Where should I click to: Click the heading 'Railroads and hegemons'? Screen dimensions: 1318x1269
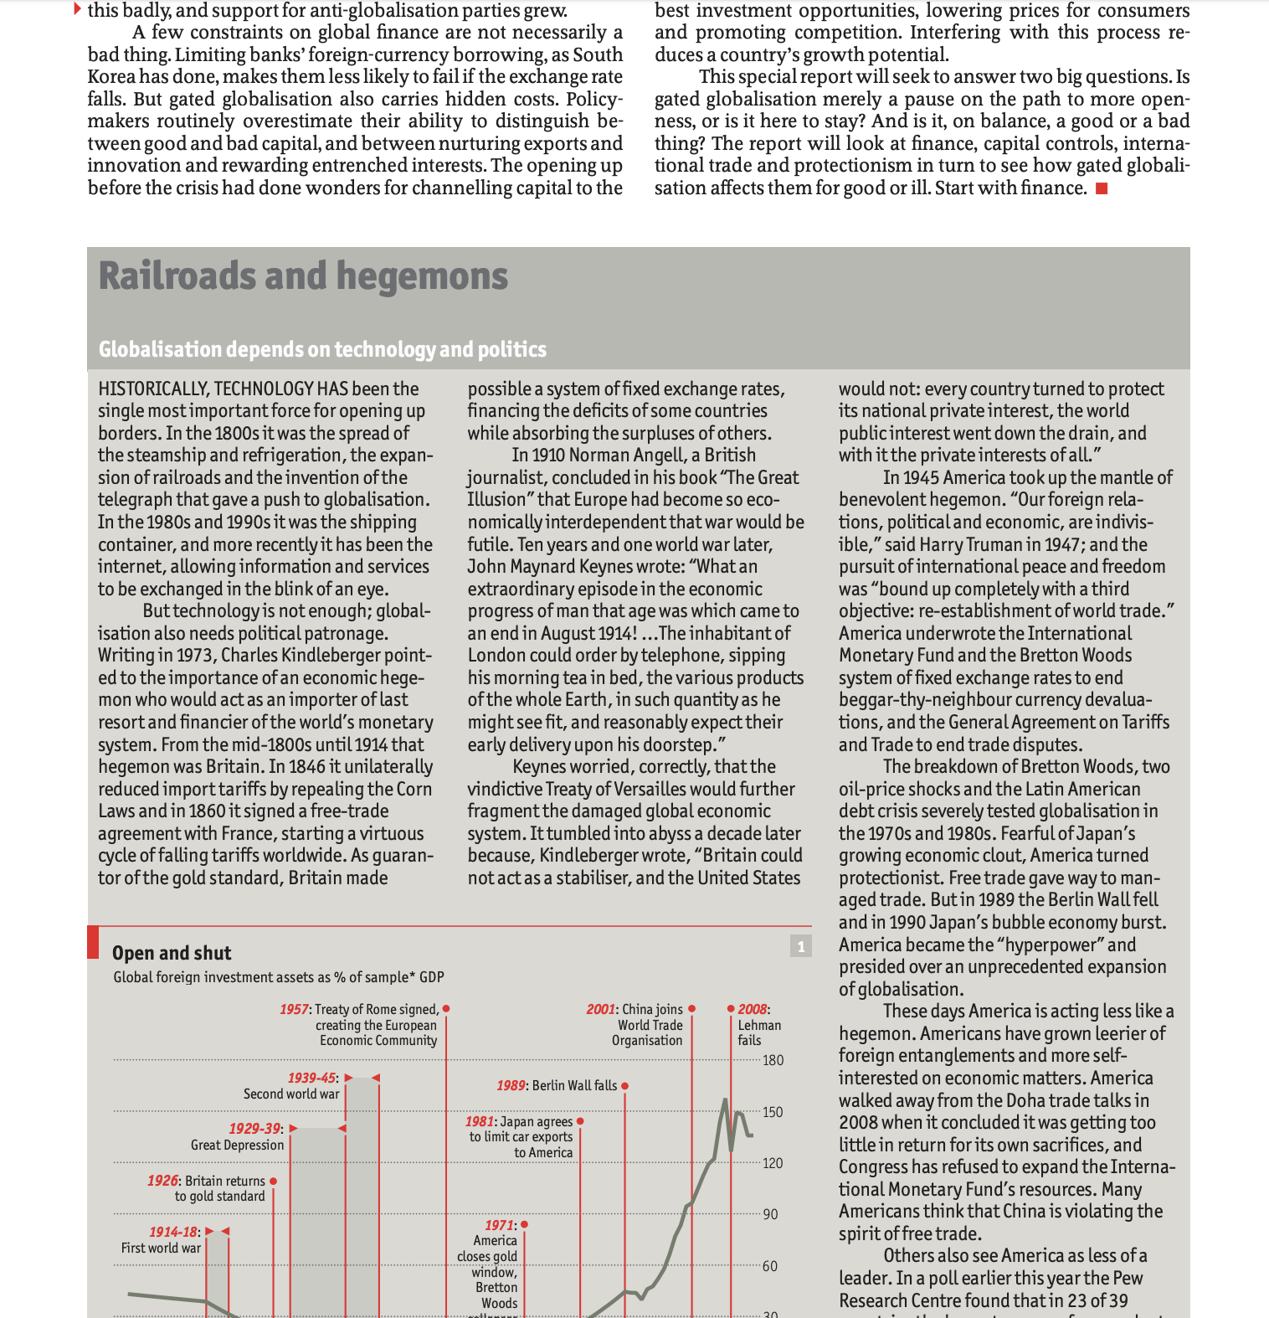tap(303, 276)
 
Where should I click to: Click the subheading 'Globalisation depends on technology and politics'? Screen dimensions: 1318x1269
tap(322, 349)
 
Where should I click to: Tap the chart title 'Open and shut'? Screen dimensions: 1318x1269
tap(172, 953)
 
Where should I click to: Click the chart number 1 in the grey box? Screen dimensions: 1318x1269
tap(801, 946)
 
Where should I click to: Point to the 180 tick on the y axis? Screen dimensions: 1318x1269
tap(773, 1060)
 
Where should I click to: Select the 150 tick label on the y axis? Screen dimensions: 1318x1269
tap(773, 1112)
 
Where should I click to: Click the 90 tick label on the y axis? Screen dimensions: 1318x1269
tap(770, 1214)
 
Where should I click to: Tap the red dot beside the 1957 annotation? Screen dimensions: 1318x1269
tap(446, 1008)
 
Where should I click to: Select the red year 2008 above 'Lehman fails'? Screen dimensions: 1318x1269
tap(752, 1009)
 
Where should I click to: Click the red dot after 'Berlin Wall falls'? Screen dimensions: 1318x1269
tap(625, 1085)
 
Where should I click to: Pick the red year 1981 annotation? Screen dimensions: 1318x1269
tap(480, 1121)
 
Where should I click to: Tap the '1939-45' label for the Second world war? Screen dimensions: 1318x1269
tap(311, 1078)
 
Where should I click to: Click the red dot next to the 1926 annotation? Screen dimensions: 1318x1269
tap(274, 1181)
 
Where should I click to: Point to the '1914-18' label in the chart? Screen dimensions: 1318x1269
tap(173, 1232)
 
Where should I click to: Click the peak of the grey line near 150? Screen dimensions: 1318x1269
tap(725, 1099)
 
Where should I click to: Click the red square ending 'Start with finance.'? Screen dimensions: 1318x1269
tap(1102, 188)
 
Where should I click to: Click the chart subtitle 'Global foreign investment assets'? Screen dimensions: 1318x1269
tap(278, 977)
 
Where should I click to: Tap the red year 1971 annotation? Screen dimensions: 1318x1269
tap(499, 1225)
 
